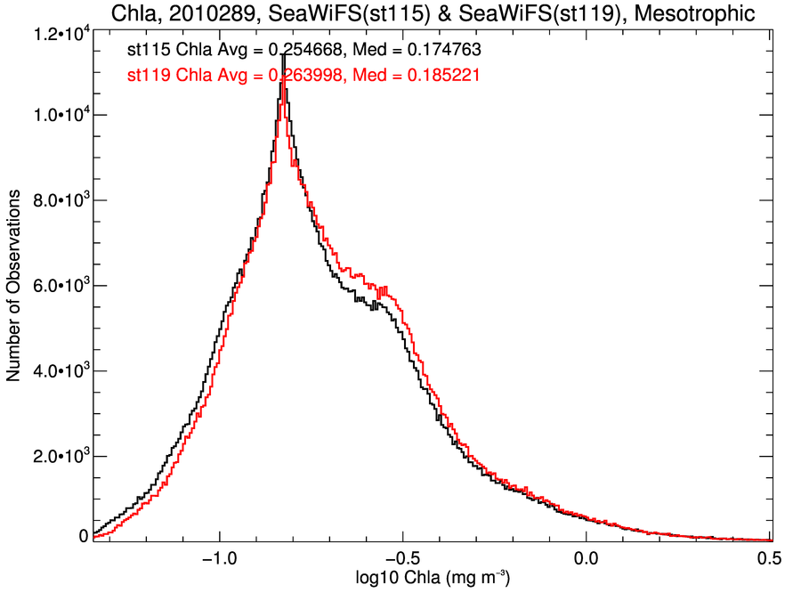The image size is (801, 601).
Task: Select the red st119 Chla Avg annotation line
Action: click(303, 76)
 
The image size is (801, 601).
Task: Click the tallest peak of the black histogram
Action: click(283, 55)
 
